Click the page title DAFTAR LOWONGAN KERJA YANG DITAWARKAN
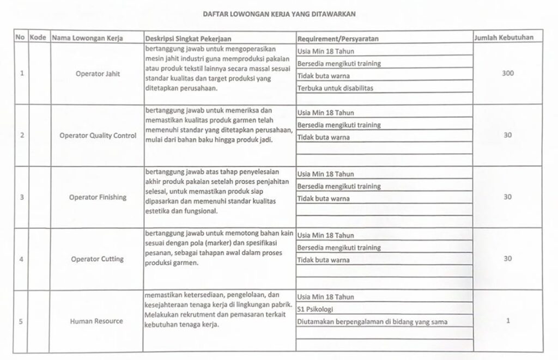coord(279,15)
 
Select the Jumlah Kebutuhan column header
coord(504,38)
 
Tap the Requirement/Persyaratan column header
coord(338,38)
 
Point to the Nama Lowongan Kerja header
coord(87,38)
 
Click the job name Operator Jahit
coord(98,73)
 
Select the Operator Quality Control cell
coord(98,136)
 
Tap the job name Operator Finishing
coord(98,197)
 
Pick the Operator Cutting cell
coord(98,259)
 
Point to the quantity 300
coord(507,73)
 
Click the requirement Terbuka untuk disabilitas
coord(336,88)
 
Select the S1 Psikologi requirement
coord(316,309)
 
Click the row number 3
coord(21,197)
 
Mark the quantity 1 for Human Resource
coord(507,321)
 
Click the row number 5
coord(21,321)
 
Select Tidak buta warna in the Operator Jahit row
coord(324,76)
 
